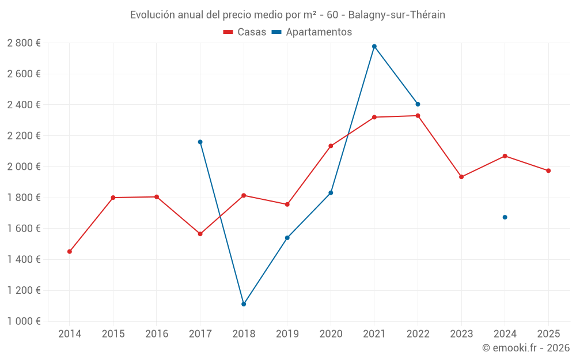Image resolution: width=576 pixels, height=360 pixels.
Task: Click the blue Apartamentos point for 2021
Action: [x=374, y=46]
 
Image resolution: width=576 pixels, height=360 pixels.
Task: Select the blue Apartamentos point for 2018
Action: [x=244, y=304]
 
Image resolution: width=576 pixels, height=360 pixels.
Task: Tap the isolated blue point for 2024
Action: [x=505, y=217]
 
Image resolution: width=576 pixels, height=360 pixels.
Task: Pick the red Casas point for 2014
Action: [x=70, y=252]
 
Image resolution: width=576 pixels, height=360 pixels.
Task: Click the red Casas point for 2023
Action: [x=461, y=177]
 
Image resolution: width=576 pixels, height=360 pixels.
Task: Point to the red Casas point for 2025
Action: [x=548, y=170]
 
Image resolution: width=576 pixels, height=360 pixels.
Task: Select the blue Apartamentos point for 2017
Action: [x=200, y=142]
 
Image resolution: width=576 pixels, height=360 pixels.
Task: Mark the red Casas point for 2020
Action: [x=331, y=146]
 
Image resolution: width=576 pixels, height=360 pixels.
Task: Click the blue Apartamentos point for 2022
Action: [x=418, y=104]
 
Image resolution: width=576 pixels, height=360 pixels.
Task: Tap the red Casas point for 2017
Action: [x=200, y=234]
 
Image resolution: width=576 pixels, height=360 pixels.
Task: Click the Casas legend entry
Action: [x=245, y=32]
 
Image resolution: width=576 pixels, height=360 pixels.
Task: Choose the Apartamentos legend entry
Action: [x=312, y=32]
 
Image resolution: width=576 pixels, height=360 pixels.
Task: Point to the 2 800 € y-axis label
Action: [x=24, y=43]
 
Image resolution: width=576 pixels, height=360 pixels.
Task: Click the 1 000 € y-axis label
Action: [x=24, y=321]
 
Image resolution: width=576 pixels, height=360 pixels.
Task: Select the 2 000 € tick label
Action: [x=24, y=166]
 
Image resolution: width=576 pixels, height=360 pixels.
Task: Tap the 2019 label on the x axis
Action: [x=287, y=334]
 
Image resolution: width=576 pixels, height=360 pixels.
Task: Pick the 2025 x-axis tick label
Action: [x=548, y=334]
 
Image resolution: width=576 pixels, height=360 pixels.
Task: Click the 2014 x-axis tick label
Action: [x=70, y=334]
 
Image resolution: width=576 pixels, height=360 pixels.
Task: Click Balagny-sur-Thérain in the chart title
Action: [x=396, y=14]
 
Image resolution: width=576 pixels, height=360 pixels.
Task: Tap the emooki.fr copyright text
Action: [x=525, y=348]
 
